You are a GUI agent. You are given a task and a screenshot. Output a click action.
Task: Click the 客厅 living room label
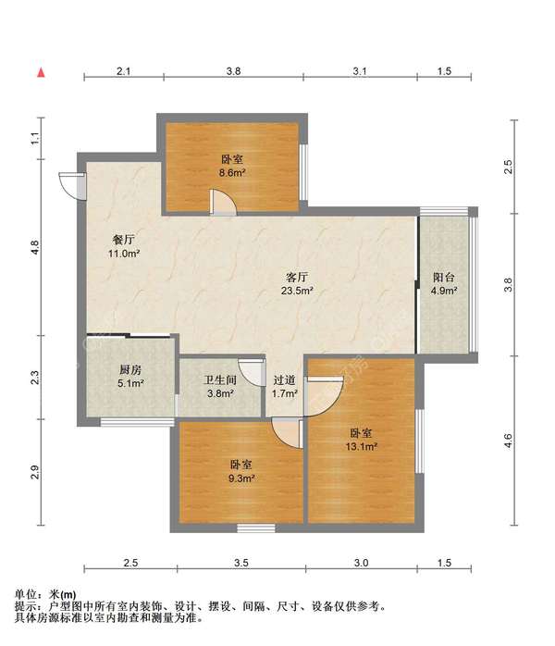point(297,276)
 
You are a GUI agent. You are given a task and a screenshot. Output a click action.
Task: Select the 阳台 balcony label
point(444,277)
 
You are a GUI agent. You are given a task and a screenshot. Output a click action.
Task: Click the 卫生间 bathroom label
point(220,379)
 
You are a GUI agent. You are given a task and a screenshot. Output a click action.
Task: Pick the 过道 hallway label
point(285,379)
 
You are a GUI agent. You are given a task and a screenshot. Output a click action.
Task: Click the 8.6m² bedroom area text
point(231,173)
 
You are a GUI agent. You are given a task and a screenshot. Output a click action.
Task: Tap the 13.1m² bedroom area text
point(362,447)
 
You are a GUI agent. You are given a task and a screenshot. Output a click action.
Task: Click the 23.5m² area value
point(297,290)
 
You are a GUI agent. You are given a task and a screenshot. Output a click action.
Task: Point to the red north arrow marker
point(40,71)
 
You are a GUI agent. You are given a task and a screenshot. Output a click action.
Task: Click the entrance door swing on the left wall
point(67,184)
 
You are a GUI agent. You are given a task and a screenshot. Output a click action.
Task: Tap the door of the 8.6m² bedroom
point(223,202)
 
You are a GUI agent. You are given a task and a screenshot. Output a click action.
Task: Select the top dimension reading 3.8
point(233,70)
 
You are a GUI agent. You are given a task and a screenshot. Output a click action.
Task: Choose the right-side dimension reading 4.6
point(507,442)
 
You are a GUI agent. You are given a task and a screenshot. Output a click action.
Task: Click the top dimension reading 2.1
point(123,70)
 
